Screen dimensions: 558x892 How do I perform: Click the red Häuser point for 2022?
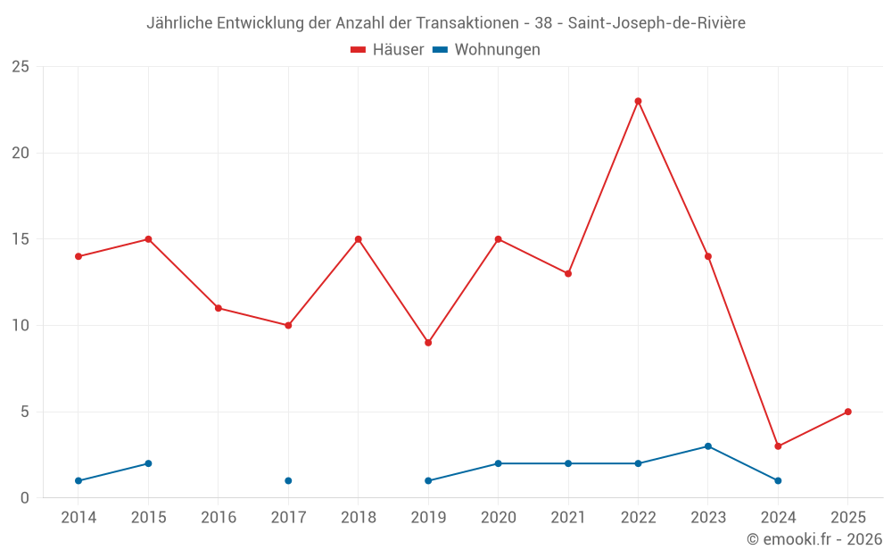coord(638,101)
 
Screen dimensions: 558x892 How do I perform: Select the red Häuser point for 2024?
coord(778,446)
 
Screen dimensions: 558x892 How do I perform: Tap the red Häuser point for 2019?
coord(428,343)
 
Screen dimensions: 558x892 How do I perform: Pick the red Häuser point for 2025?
coord(847,412)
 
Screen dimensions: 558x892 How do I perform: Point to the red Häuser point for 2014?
coord(78,256)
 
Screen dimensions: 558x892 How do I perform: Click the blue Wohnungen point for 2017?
coord(288,480)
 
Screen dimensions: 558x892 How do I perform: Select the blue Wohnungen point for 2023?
coord(708,446)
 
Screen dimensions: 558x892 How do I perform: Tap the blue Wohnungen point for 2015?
coord(148,463)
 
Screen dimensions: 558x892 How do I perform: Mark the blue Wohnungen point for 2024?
coord(778,480)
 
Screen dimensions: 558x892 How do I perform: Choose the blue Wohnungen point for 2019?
coord(428,480)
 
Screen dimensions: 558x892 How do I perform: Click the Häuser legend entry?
coord(387,50)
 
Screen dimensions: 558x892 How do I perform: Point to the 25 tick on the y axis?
coord(20,67)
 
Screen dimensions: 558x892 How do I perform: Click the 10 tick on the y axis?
coord(20,326)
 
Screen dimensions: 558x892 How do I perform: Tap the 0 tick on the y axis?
coord(24,498)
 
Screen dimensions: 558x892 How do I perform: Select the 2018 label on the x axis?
coord(358,518)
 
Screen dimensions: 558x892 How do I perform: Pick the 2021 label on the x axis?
coord(568,518)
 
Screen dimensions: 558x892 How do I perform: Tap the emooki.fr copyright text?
coord(814,539)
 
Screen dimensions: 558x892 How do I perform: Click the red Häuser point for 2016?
coord(219,308)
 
